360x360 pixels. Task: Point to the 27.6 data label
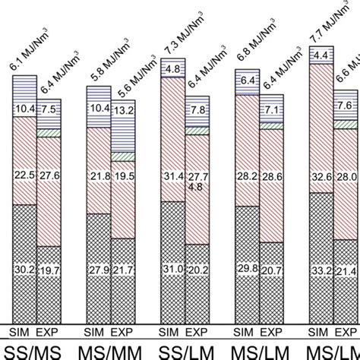click(49, 176)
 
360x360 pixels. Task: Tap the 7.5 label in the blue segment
click(49, 109)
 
